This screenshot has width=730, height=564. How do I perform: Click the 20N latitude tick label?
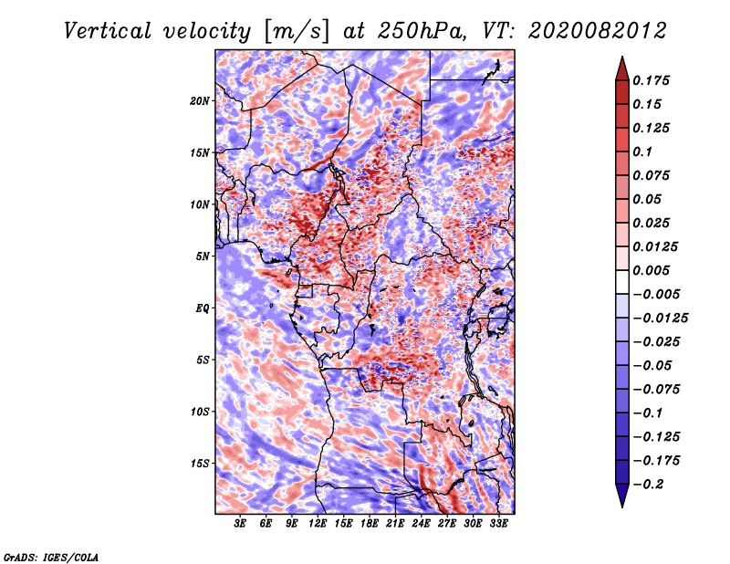click(x=200, y=101)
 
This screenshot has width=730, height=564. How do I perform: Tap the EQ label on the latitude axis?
click(x=202, y=308)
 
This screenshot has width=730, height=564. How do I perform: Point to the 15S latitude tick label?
click(x=200, y=464)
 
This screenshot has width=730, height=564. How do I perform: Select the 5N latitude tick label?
click(x=203, y=256)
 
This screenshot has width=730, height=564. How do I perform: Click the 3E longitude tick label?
click(x=240, y=524)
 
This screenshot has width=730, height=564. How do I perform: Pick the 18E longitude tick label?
click(x=370, y=524)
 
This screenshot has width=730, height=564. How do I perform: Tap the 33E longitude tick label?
click(x=498, y=524)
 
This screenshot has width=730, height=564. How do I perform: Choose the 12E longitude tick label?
click(x=318, y=524)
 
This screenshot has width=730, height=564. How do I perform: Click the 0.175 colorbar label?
click(x=651, y=80)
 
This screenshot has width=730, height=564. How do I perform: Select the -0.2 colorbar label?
click(x=648, y=485)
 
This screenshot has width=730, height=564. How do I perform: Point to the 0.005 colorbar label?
click(x=651, y=270)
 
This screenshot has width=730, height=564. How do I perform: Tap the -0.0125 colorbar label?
click(x=660, y=319)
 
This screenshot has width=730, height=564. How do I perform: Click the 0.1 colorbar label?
click(x=642, y=151)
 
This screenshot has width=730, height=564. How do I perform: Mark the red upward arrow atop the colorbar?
click(x=622, y=68)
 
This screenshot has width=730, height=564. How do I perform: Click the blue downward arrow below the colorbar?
click(x=622, y=496)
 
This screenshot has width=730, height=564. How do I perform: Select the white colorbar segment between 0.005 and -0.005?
click(x=622, y=282)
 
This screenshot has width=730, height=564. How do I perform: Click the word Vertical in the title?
click(x=108, y=31)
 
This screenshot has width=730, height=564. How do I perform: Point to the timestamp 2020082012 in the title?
click(x=597, y=31)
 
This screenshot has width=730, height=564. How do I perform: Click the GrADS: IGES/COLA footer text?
click(x=51, y=558)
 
